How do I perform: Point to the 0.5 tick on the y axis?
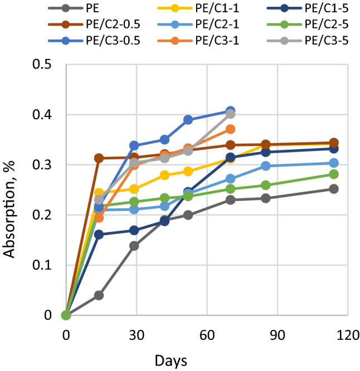point(43,65)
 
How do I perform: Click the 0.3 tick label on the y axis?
point(43,165)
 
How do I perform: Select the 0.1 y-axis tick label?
point(43,265)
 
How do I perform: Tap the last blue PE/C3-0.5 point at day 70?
point(230,111)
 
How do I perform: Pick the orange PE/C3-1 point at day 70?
point(230,129)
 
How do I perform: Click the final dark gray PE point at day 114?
point(334,189)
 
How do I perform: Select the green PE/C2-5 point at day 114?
point(334,174)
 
